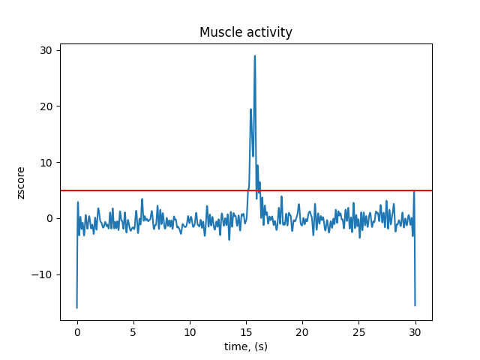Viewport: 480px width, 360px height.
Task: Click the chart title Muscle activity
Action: point(245,32)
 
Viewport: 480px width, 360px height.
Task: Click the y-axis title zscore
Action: point(21,182)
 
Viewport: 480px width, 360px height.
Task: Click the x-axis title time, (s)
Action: point(246,346)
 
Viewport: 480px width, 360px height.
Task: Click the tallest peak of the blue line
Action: point(255,55)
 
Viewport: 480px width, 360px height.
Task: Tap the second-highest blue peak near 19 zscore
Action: point(250,109)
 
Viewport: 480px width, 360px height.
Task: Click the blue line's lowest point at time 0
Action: point(76,307)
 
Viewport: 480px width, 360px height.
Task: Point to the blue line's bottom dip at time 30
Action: point(415,305)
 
